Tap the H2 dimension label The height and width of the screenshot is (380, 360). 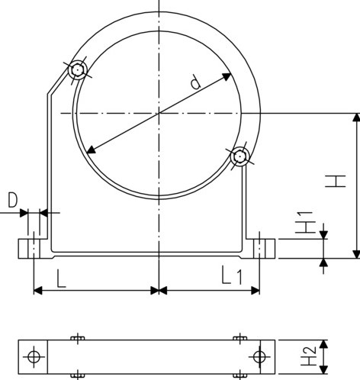pos(309,356)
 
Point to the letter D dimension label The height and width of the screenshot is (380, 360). pos(12,201)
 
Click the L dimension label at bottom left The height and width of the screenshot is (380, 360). pos(62,275)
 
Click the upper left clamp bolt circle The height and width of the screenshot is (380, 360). pos(77,71)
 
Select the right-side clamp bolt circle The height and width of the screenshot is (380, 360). pos(242,157)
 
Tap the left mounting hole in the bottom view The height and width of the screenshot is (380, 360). pos(33,356)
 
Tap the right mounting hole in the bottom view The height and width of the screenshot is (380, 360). pos(259,356)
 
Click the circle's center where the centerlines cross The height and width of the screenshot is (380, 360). pos(159,113)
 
